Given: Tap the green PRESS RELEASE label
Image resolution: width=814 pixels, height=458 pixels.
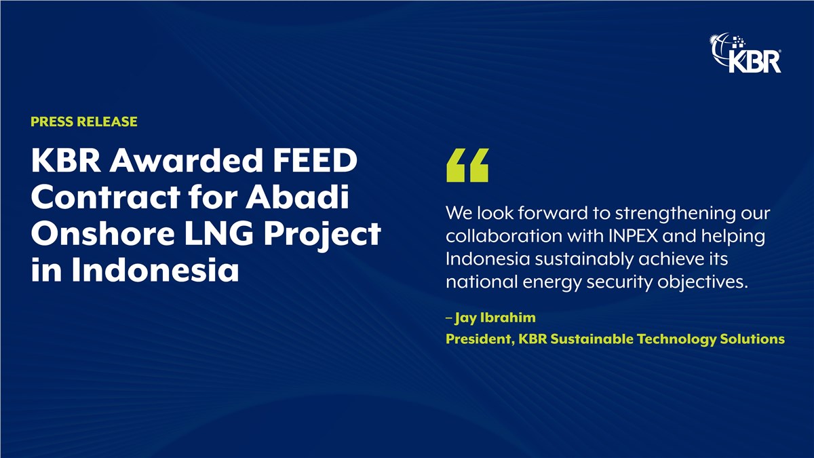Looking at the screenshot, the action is [x=84, y=121].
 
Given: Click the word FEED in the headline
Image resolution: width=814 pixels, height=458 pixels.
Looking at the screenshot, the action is [x=315, y=160].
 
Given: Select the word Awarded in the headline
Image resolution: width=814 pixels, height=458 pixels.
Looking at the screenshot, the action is [x=187, y=160].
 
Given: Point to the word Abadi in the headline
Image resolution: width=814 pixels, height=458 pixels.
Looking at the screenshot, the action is [x=298, y=197].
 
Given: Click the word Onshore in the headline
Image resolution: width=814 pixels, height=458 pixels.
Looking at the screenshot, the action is [x=103, y=233].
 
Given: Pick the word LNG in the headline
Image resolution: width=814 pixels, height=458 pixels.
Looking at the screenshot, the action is [x=218, y=233].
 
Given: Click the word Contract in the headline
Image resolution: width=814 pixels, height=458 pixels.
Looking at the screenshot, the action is [x=106, y=197].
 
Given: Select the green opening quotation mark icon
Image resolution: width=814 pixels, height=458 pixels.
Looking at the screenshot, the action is [x=467, y=165].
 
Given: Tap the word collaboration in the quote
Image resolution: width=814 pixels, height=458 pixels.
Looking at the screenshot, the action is [x=504, y=236].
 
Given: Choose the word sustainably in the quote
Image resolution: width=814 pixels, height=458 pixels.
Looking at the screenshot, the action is [x=584, y=259].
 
